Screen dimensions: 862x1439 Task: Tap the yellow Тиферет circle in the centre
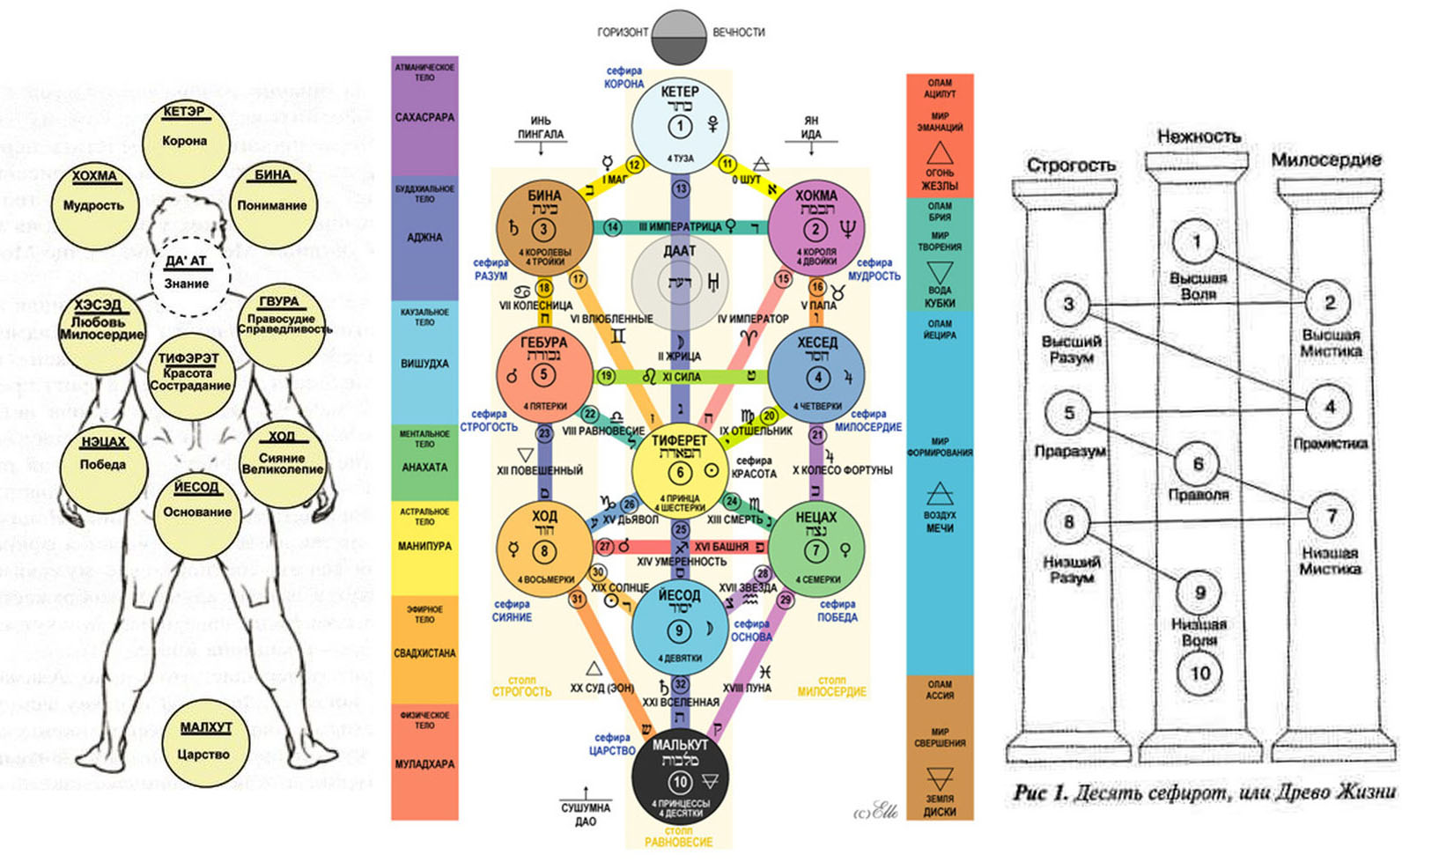click(x=679, y=469)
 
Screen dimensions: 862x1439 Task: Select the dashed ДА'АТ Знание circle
click(x=187, y=276)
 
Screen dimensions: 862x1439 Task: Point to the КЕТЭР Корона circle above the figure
click(x=184, y=141)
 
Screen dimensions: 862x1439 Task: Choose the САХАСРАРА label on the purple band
click(x=424, y=117)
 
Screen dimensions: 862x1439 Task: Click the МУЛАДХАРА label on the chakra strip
click(x=424, y=764)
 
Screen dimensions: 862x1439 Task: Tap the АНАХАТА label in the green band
click(x=424, y=468)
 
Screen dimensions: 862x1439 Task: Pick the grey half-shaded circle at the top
click(x=679, y=37)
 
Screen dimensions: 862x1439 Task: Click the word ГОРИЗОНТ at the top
click(x=623, y=33)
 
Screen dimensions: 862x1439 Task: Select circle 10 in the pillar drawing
click(x=1199, y=674)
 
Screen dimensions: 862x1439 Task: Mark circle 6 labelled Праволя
click(x=1198, y=464)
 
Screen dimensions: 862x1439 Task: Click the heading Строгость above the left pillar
click(x=1070, y=165)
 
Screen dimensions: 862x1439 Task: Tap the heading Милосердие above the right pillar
click(x=1325, y=159)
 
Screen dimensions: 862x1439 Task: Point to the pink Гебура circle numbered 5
click(x=543, y=374)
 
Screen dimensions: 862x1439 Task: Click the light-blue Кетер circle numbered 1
click(x=679, y=126)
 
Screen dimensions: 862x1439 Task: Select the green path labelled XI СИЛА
click(x=679, y=377)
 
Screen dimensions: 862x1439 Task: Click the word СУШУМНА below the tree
click(x=586, y=807)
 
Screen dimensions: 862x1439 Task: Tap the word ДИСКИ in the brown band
click(x=940, y=812)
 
